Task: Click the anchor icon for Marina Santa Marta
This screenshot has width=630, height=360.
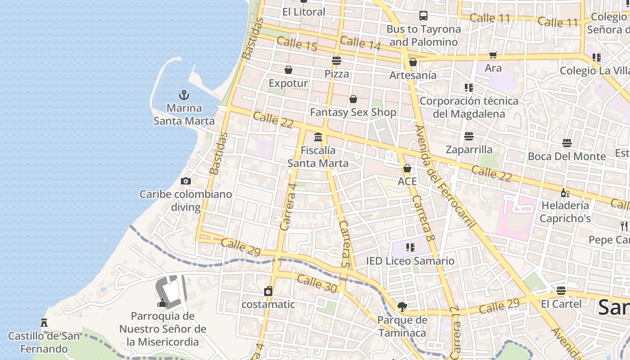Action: point(184,95)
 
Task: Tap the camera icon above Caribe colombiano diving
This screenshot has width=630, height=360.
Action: point(185,181)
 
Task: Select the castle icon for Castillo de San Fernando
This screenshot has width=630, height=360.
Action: point(44,323)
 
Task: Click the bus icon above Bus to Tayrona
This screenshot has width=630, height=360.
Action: point(423,16)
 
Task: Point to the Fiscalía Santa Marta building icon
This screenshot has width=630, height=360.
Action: point(318,137)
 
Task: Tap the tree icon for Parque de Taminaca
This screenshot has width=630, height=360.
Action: point(402,307)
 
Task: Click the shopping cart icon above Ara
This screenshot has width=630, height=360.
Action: point(493,55)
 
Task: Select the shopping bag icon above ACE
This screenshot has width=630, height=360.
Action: point(407,168)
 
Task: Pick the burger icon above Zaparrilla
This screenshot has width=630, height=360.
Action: point(469,136)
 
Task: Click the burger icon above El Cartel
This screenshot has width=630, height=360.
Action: point(561,290)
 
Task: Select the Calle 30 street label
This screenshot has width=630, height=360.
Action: point(317,283)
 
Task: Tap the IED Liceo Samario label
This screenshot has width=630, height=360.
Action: point(410,261)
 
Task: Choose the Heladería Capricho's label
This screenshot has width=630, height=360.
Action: point(565,212)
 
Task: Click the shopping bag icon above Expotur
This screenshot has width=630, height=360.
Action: point(288,70)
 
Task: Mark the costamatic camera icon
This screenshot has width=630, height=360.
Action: point(268,291)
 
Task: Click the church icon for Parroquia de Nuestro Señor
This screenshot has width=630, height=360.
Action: point(163,303)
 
